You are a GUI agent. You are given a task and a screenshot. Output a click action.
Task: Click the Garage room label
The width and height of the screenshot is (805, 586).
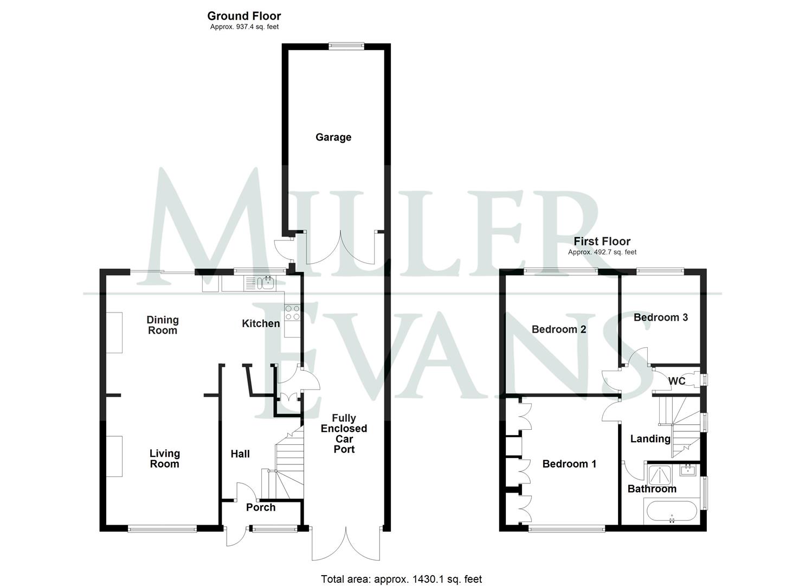click(x=333, y=137)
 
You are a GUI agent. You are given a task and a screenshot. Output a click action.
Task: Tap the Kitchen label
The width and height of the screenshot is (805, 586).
click(x=261, y=323)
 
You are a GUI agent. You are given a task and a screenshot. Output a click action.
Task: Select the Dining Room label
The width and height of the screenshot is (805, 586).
click(x=163, y=325)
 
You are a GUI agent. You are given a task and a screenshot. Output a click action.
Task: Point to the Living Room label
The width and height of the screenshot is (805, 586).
click(x=164, y=458)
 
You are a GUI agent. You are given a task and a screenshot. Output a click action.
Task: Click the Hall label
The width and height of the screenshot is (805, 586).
click(x=240, y=454)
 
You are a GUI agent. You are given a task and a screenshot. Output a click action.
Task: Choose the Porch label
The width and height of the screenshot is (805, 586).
click(x=261, y=507)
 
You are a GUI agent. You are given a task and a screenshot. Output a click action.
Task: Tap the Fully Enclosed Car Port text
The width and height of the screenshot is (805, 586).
click(x=344, y=434)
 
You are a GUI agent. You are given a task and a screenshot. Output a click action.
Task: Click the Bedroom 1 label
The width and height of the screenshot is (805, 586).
click(x=569, y=464)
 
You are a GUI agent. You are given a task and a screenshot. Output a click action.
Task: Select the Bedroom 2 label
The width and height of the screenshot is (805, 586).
click(x=559, y=329)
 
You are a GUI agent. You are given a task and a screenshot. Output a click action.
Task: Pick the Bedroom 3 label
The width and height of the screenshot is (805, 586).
click(x=661, y=317)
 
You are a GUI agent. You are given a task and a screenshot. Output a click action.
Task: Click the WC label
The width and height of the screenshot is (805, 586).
click(x=677, y=381)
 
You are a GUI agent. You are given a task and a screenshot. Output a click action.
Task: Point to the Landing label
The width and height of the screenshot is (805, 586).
click(x=650, y=439)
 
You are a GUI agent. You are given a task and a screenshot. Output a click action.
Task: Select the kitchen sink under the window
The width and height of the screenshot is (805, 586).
click(x=260, y=283)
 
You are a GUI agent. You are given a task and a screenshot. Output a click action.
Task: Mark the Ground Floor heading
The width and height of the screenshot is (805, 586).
click(x=244, y=16)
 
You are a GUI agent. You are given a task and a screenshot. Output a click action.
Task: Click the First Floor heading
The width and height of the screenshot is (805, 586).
click(x=602, y=241)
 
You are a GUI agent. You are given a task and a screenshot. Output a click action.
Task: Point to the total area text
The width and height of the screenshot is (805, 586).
click(x=401, y=579)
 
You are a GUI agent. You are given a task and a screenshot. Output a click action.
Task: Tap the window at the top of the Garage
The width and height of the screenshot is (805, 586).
click(x=346, y=47)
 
